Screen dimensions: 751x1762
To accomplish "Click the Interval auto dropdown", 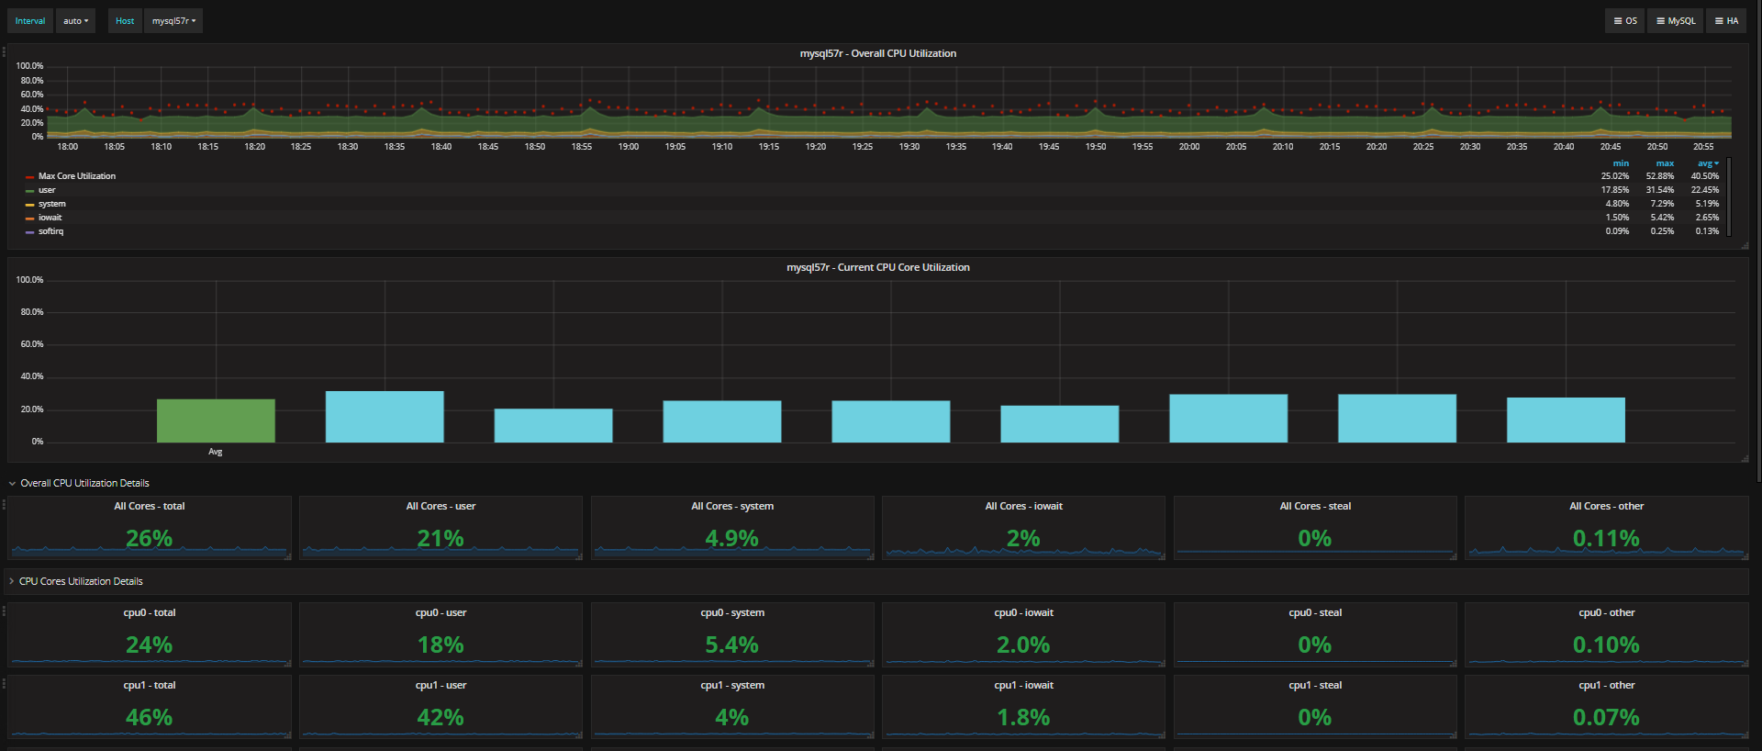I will (x=75, y=21).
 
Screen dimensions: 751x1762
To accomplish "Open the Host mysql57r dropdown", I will (x=173, y=21).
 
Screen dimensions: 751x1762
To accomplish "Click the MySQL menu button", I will (x=1676, y=21).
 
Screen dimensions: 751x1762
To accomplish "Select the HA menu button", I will (x=1726, y=21).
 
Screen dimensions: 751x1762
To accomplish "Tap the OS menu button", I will (x=1625, y=21).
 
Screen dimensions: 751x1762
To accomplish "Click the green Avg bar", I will (x=216, y=420).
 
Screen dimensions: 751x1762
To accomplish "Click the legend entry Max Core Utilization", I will (x=76, y=176).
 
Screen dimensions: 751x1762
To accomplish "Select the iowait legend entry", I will (x=50, y=218).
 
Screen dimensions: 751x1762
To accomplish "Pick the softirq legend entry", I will (x=50, y=231).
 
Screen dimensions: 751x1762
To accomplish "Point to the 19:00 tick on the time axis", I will (x=629, y=147).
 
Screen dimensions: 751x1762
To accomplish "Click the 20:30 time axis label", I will (x=1470, y=147).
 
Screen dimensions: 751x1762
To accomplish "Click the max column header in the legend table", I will (x=1665, y=163).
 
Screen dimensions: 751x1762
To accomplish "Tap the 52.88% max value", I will (x=1659, y=176).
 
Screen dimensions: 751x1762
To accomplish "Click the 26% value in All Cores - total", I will (x=149, y=539).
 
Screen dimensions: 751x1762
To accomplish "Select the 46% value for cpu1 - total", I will (x=149, y=718).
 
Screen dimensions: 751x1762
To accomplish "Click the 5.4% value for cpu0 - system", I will (x=731, y=645).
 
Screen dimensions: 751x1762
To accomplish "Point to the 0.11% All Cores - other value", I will (x=1606, y=539).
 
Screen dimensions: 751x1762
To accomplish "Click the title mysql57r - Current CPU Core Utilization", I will (x=877, y=267).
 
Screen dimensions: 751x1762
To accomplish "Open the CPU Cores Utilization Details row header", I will (x=81, y=581).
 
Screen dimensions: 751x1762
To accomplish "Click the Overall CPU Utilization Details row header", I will (x=84, y=483).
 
